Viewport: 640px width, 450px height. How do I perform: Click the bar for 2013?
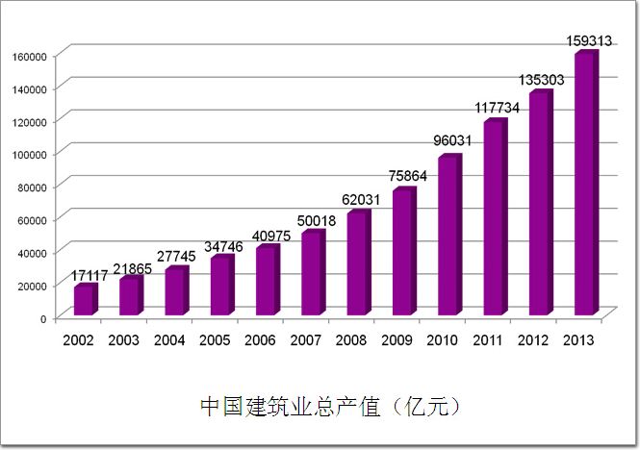[x=584, y=186]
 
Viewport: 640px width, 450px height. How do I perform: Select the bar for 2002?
[x=84, y=301]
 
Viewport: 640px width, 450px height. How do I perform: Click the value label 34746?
[x=224, y=247]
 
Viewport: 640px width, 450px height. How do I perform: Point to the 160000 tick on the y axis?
[x=30, y=56]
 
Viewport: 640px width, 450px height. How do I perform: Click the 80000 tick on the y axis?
[x=33, y=187]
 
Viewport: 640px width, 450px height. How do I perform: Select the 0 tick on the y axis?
[x=43, y=317]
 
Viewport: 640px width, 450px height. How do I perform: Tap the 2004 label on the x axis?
[x=168, y=339]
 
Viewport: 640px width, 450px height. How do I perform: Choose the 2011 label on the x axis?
[x=488, y=339]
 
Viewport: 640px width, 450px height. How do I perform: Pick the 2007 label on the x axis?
[x=306, y=339]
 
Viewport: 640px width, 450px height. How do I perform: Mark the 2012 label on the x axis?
[x=534, y=339]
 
